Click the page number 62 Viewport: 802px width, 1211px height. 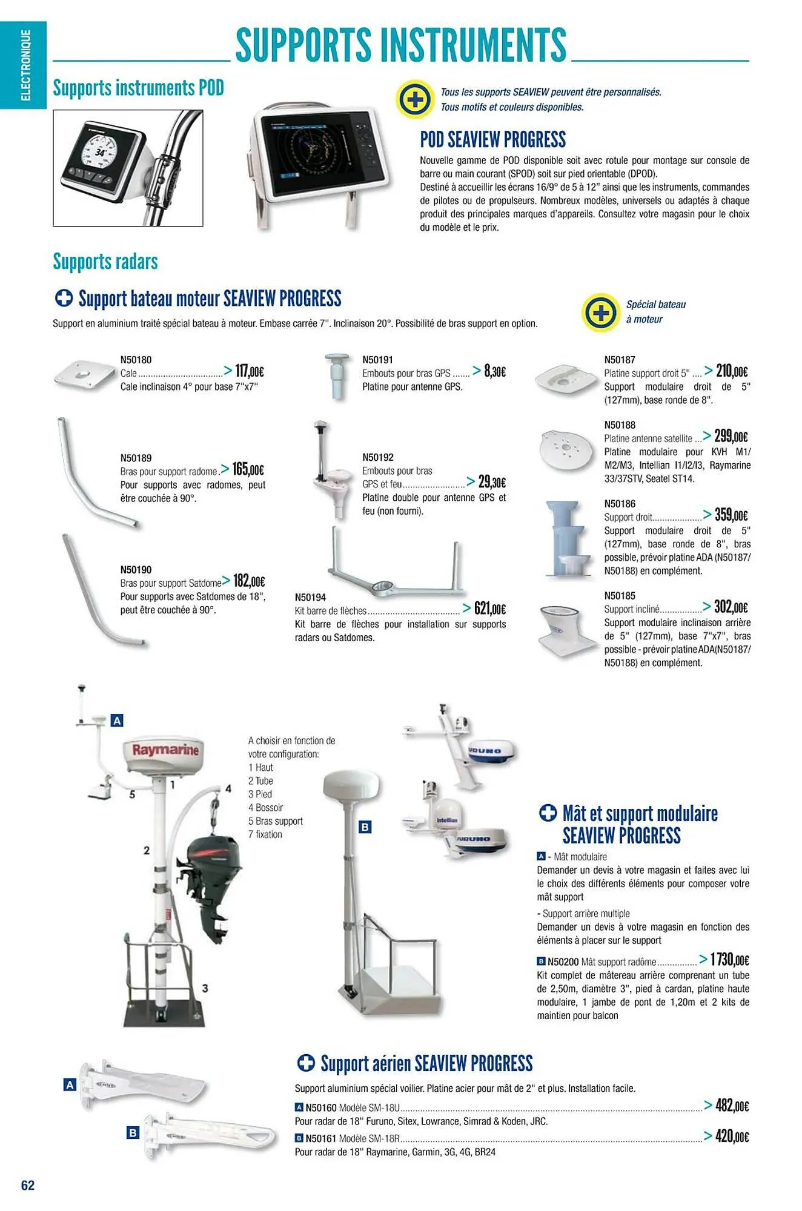pyautogui.click(x=28, y=1185)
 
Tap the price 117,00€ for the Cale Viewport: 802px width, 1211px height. pyautogui.click(x=249, y=371)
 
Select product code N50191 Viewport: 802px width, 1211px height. pyautogui.click(x=377, y=360)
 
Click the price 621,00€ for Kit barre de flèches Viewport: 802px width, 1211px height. pyautogui.click(x=489, y=609)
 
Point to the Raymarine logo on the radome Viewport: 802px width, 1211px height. pyautogui.click(x=165, y=750)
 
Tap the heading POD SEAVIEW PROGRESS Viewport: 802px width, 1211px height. pyautogui.click(x=492, y=140)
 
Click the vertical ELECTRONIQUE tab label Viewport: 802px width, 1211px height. pyautogui.click(x=25, y=65)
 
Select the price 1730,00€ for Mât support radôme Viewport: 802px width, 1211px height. pyautogui.click(x=729, y=960)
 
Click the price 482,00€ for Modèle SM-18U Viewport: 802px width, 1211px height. pyautogui.click(x=732, y=1106)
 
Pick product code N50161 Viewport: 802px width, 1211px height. pyautogui.click(x=320, y=1138)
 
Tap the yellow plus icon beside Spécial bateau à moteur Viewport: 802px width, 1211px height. pyautogui.click(x=600, y=313)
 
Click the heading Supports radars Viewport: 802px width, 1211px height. pyautogui.click(x=105, y=262)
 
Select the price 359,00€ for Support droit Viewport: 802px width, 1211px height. pyautogui.click(x=731, y=515)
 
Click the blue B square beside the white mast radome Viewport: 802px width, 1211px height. pyautogui.click(x=365, y=827)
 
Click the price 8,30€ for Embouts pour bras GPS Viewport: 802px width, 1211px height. pyautogui.click(x=494, y=371)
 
